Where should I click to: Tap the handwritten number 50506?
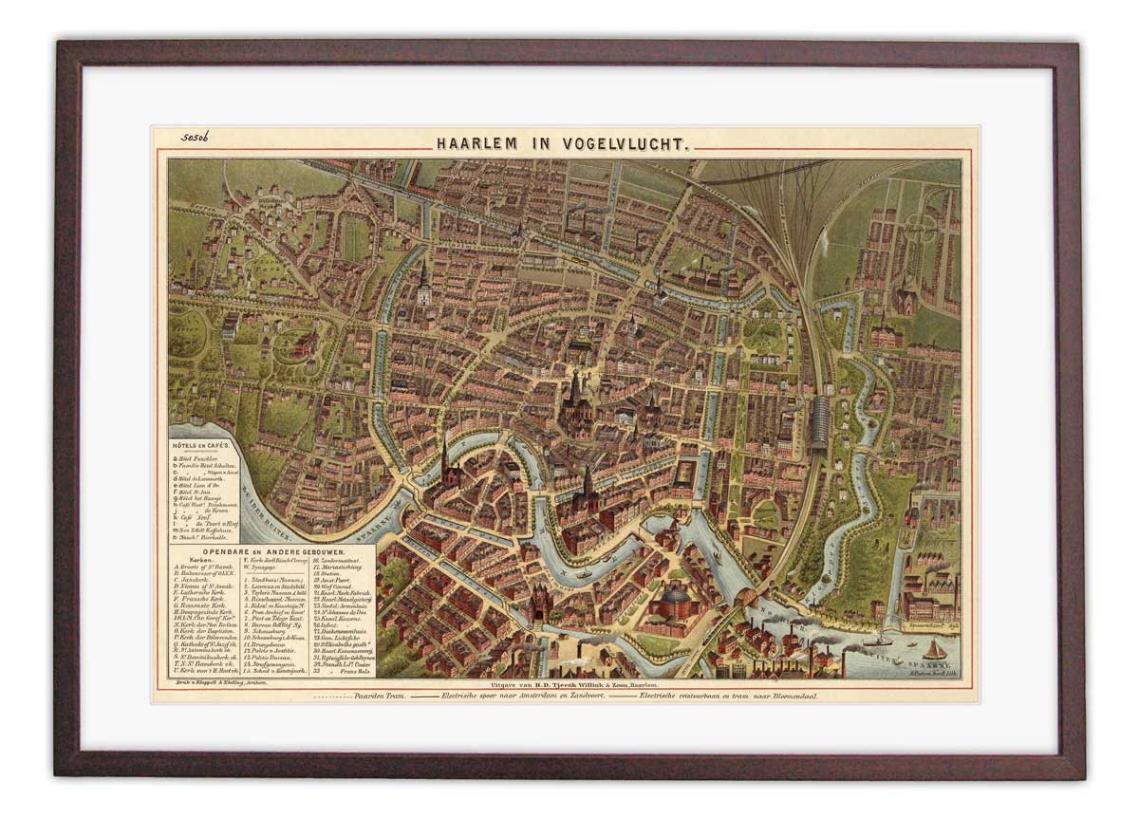195,139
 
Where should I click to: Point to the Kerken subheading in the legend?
189,560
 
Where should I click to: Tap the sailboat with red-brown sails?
935,650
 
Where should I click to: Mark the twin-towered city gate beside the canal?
542,603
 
